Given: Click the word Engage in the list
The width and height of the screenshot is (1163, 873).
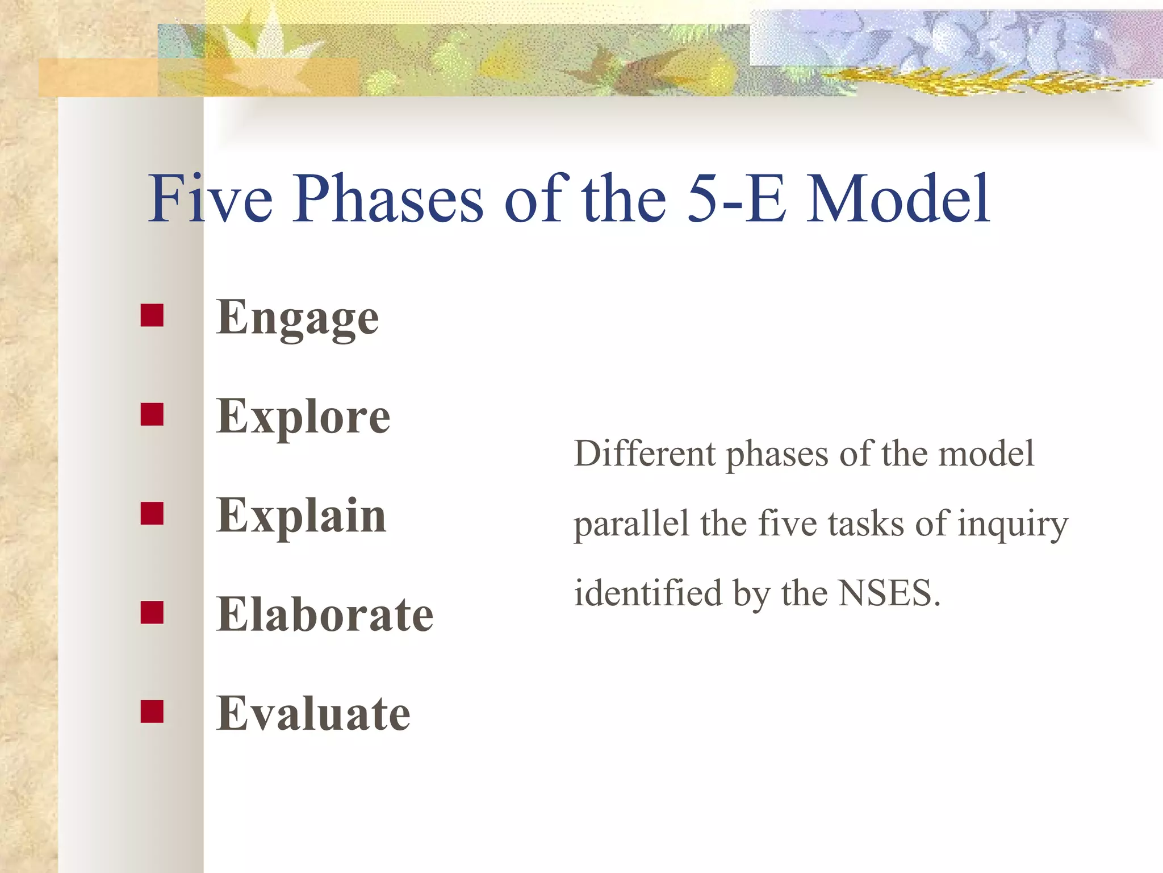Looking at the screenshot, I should tap(298, 318).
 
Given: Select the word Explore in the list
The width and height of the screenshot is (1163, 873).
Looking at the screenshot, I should tap(303, 417).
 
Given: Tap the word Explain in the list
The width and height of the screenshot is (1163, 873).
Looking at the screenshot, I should tap(302, 516).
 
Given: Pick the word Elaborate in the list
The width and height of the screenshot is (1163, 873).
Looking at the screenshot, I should tap(325, 615).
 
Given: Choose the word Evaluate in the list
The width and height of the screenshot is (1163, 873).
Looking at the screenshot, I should tap(313, 714).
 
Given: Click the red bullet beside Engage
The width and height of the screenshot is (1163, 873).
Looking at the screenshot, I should tap(152, 315).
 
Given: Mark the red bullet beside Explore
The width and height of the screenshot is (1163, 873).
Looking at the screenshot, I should tap(152, 414).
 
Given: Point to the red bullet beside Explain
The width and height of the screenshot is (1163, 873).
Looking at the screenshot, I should tap(152, 513).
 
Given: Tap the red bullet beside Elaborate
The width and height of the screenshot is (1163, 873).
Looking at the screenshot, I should tap(152, 612).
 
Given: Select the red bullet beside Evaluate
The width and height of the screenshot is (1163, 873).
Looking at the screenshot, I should tap(152, 711).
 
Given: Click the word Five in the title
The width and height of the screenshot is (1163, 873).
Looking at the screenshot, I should tap(210, 199).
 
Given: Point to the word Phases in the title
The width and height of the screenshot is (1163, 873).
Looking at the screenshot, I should tap(388, 199).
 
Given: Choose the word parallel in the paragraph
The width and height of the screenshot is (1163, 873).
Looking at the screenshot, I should tap(631, 524).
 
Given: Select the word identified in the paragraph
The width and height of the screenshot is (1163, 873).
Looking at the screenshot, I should tap(648, 594).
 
